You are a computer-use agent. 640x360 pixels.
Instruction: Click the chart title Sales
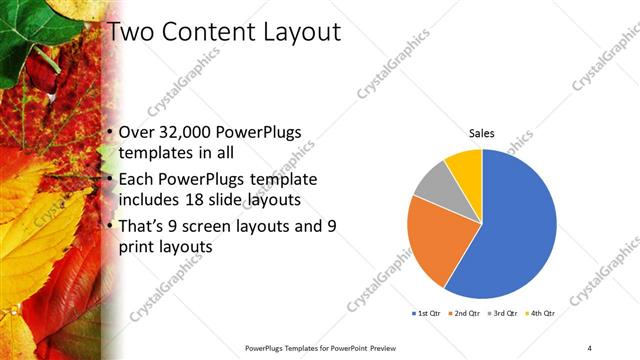[482, 133]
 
